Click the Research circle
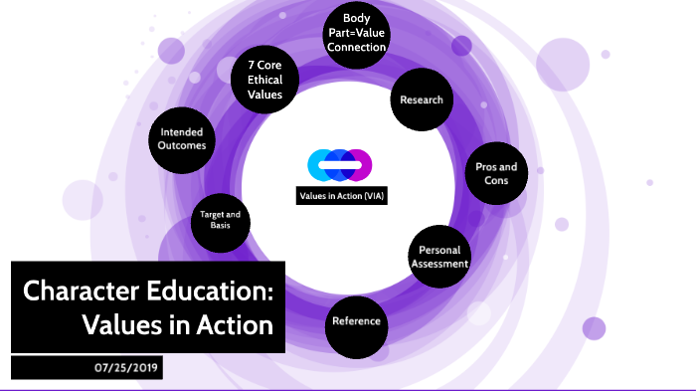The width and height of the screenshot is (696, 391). point(422,99)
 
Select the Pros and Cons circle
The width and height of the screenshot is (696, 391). point(496,174)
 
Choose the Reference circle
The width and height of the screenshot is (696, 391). point(355,321)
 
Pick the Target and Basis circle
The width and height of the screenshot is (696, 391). point(220,220)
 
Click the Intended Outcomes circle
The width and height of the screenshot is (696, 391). point(182,137)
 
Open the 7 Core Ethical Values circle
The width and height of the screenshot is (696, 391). point(264,79)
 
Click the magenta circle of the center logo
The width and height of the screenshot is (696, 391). point(359,164)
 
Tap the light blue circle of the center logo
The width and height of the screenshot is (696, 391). point(321,164)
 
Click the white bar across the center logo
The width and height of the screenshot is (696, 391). point(340,164)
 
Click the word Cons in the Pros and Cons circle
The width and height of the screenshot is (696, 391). point(496,182)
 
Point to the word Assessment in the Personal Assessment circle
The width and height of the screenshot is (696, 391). point(438,264)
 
